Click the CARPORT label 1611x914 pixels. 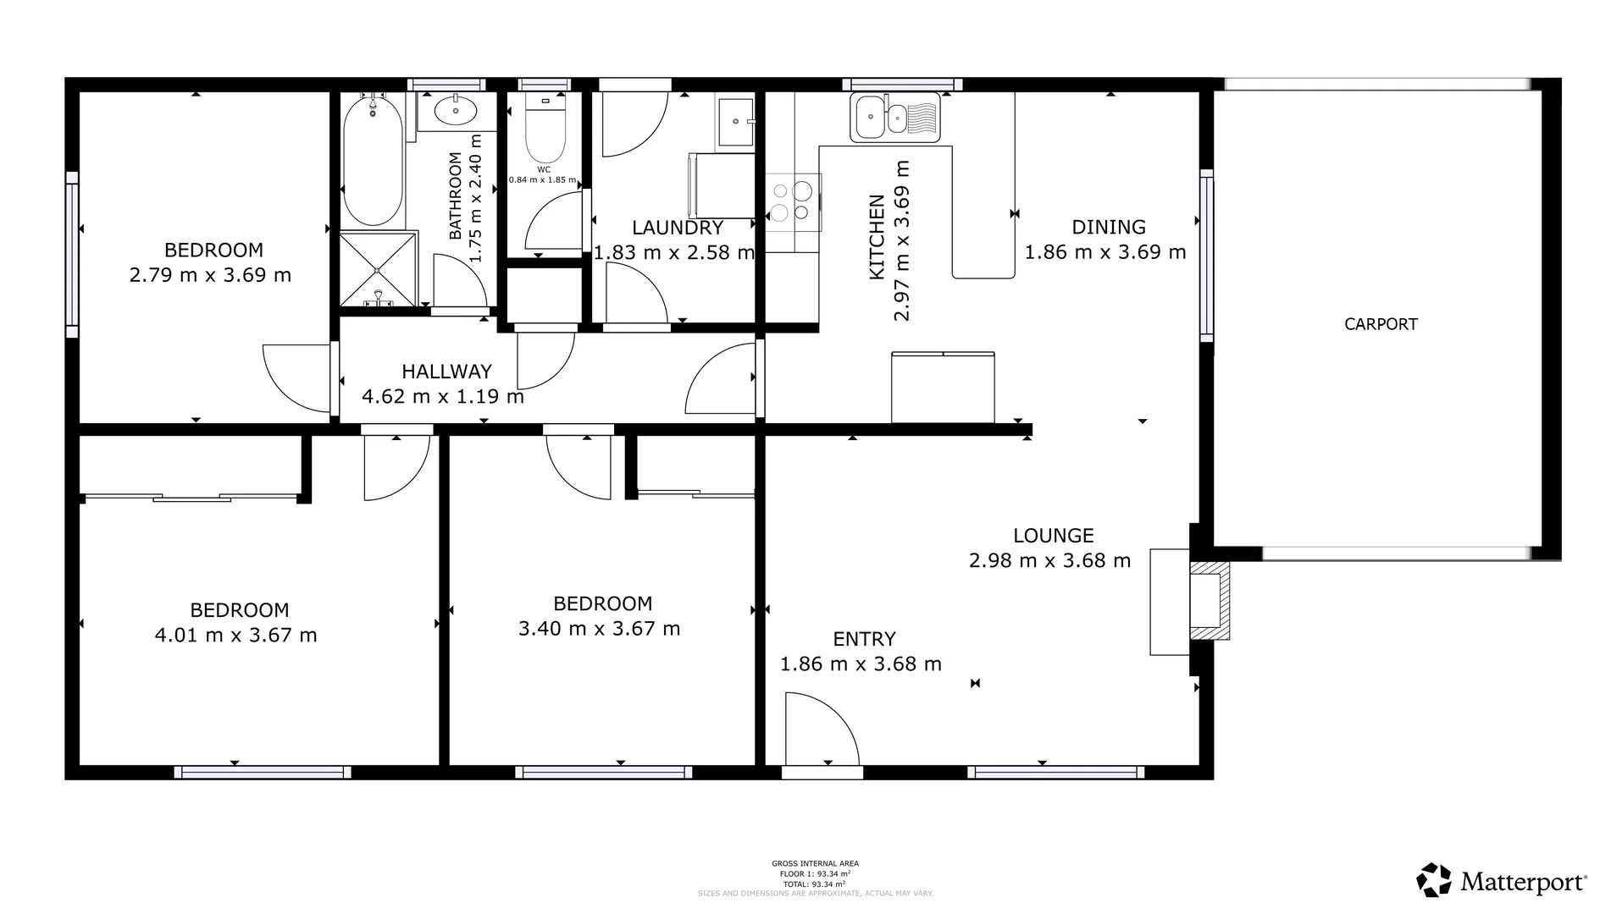[x=1381, y=324]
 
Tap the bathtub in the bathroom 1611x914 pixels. [x=373, y=161]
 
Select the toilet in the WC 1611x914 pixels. [x=545, y=131]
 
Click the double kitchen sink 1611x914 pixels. [x=896, y=118]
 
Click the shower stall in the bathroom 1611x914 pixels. [x=378, y=268]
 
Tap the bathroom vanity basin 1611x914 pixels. [x=456, y=110]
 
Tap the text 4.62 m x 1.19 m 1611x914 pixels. [x=443, y=396]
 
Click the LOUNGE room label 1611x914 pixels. [x=1054, y=536]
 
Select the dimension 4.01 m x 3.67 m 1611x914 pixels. [x=236, y=635]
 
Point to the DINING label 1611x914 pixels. [x=1108, y=227]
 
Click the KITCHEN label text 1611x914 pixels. [x=877, y=237]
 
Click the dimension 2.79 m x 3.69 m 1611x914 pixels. [x=211, y=275]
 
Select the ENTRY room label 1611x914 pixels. [x=864, y=639]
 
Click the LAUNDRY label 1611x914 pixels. [x=678, y=228]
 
